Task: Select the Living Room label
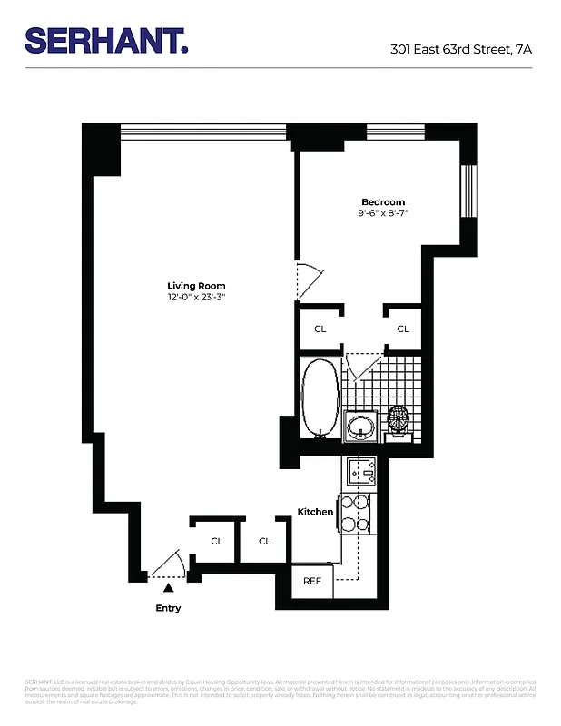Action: pos(196,285)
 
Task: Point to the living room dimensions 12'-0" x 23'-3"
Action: pos(196,297)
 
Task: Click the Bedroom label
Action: pos(383,201)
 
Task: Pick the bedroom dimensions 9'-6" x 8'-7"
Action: pos(383,213)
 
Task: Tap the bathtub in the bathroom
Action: pos(320,397)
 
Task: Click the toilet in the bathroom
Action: pos(399,422)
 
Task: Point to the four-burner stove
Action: pos(353,513)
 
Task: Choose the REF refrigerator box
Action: pos(311,581)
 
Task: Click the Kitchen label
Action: pos(315,512)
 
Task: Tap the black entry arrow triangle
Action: pos(166,590)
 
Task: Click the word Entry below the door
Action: pos(168,608)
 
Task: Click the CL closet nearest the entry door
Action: pos(216,541)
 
